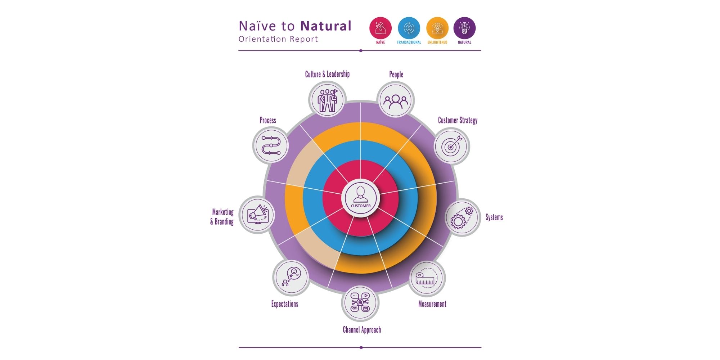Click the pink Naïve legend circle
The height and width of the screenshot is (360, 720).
(x=381, y=28)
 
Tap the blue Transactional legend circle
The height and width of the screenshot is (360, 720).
(x=409, y=28)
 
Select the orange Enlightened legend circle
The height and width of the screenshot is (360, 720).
(x=437, y=28)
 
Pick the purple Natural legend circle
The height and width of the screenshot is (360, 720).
(x=464, y=28)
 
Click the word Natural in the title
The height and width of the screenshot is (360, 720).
(x=326, y=26)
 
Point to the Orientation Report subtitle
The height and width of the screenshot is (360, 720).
(x=278, y=39)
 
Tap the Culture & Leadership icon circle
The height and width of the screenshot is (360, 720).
(x=327, y=99)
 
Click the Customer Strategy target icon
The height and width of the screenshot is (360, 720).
(x=451, y=146)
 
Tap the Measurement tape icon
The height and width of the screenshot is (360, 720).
(x=427, y=278)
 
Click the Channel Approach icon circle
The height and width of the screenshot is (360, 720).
(x=360, y=303)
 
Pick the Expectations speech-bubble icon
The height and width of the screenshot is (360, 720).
(x=291, y=278)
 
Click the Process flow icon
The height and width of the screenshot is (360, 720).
(x=271, y=145)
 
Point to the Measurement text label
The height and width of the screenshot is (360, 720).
(x=432, y=304)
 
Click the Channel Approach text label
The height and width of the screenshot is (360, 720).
(x=361, y=330)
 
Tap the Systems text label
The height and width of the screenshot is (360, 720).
(x=494, y=217)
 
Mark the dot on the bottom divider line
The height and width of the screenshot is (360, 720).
(x=361, y=347)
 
